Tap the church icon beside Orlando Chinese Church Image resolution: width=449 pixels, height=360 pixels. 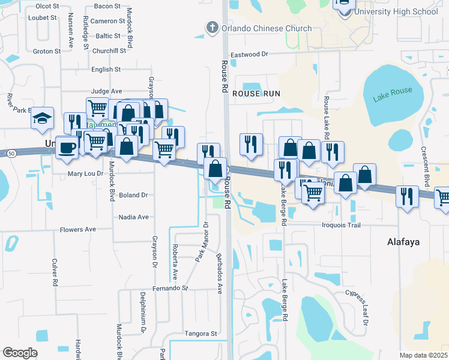pyautogui.click(x=211, y=28)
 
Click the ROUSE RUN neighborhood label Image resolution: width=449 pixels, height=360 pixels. pyautogui.click(x=256, y=94)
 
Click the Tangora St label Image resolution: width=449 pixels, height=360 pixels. pyautogui.click(x=200, y=334)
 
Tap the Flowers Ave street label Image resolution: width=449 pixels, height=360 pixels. pyautogui.click(x=77, y=229)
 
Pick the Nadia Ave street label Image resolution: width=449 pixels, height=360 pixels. pyautogui.click(x=133, y=217)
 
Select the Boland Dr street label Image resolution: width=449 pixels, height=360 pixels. pyautogui.click(x=133, y=195)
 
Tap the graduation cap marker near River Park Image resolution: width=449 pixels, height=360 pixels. pyautogui.click(x=43, y=117)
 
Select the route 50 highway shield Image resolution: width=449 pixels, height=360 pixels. pyautogui.click(x=11, y=154)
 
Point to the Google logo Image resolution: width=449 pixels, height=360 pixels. pyautogui.click(x=20, y=353)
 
